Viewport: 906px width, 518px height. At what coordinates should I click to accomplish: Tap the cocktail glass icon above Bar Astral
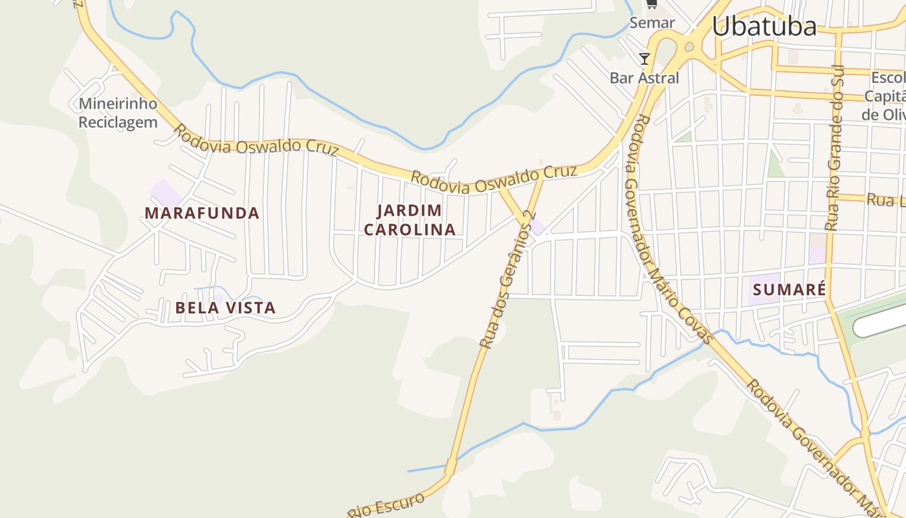click(x=644, y=59)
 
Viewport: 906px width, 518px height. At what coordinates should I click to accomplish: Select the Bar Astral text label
click(x=644, y=78)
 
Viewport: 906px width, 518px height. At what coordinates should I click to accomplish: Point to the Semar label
click(x=652, y=23)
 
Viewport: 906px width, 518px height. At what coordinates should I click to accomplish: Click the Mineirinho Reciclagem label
click(x=118, y=113)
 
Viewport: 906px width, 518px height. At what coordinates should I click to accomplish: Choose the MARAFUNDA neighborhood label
click(x=202, y=213)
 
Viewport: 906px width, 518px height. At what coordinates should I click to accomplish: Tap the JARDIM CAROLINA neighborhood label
click(x=410, y=220)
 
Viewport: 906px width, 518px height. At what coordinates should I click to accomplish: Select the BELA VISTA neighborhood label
click(x=225, y=308)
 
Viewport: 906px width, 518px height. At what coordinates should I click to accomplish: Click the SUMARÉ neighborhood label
click(x=790, y=289)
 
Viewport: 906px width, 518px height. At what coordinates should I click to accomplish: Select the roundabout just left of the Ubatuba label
click(x=689, y=47)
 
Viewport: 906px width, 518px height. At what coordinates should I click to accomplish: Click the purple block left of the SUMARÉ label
click(x=764, y=289)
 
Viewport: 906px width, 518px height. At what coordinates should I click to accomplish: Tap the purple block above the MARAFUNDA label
click(x=166, y=192)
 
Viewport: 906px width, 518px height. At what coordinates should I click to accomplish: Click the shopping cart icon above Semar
click(x=652, y=5)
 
